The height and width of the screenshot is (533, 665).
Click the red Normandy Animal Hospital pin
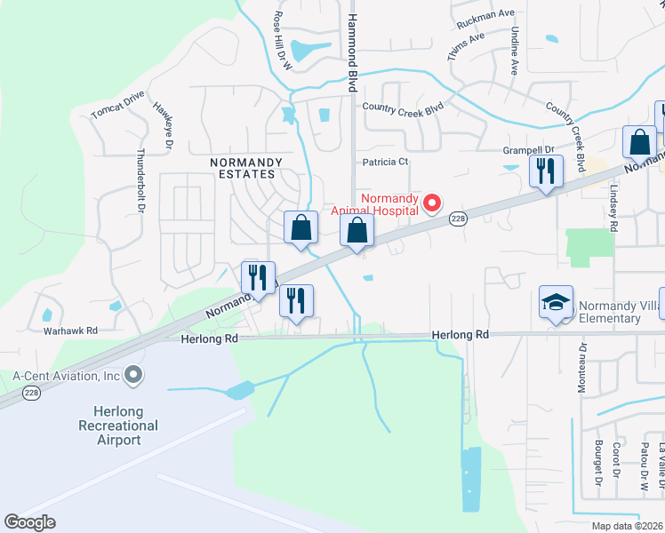tap(432, 203)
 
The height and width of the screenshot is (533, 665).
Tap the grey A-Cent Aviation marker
tap(134, 376)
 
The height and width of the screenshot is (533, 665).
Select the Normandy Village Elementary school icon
tap(556, 302)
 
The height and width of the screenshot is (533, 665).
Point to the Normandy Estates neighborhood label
tap(246, 169)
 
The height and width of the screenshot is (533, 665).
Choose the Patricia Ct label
tap(385, 162)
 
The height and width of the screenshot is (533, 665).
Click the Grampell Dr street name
tap(528, 150)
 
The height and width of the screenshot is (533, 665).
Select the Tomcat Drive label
tap(117, 105)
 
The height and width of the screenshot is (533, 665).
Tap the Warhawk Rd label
tap(70, 330)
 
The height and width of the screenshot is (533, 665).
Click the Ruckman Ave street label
tap(485, 17)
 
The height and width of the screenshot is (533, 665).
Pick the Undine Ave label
tap(515, 49)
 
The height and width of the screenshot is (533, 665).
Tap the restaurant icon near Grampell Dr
tap(545, 170)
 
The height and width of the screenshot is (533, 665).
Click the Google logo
tap(29, 521)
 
